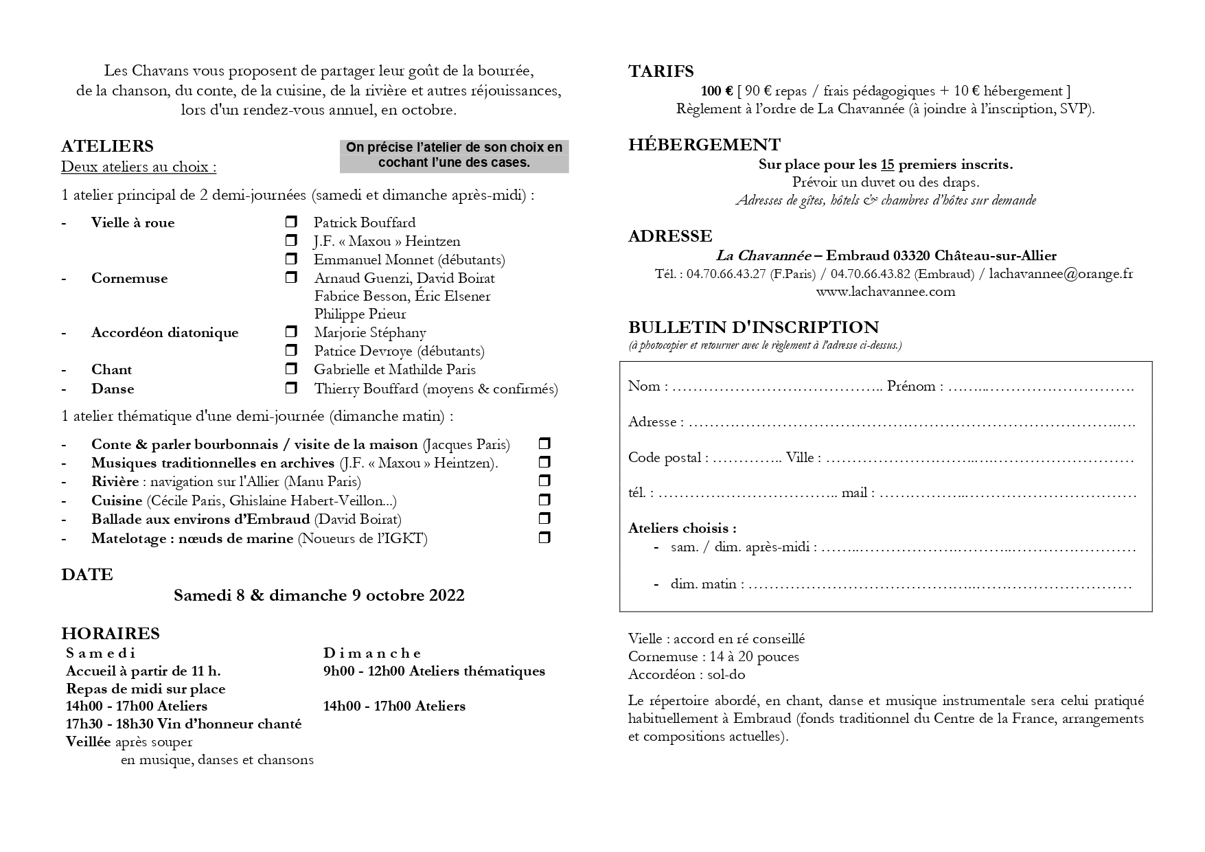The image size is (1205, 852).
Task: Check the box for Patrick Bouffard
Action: coord(291,222)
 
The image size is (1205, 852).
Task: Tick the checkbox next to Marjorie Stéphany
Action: coord(291,332)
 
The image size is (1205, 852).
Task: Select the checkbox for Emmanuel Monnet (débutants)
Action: coord(291,260)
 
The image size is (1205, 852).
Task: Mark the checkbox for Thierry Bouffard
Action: coord(291,389)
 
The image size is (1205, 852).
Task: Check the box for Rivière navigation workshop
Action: coord(544,481)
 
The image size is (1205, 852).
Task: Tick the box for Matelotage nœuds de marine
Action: coord(544,538)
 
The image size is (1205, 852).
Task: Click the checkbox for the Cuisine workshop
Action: coord(544,500)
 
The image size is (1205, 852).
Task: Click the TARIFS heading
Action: coord(661,71)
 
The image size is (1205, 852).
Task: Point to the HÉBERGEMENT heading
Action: coord(704,145)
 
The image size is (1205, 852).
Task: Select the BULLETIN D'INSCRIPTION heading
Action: coord(753,327)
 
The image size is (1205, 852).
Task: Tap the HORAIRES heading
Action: coord(110,633)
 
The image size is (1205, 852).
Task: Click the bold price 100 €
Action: coord(716,91)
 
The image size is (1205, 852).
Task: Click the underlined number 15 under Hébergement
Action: coord(887,165)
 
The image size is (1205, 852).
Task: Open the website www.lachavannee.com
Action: coord(885,292)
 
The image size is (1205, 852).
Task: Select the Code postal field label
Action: coord(668,458)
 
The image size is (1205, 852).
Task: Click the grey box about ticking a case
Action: coord(454,156)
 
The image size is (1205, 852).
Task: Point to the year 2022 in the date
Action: coord(446,595)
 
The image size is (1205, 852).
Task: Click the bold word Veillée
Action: coord(89,742)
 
